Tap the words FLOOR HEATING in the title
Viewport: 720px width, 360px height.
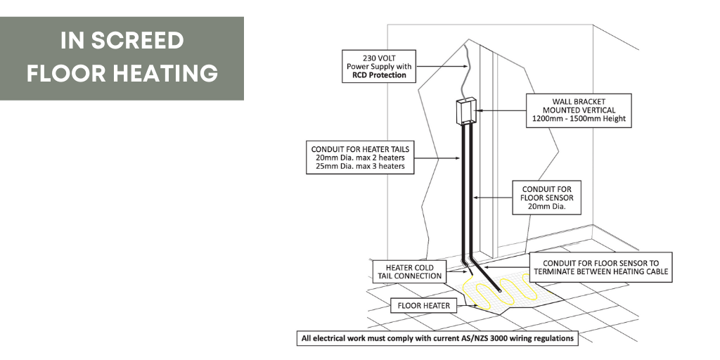pyautogui.click(x=122, y=72)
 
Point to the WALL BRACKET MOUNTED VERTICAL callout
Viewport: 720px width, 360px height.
pyautogui.click(x=579, y=110)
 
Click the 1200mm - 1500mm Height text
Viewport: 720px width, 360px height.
pyautogui.click(x=579, y=120)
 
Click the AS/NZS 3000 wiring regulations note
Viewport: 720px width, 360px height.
pyautogui.click(x=437, y=338)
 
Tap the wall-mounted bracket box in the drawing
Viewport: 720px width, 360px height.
pyautogui.click(x=466, y=112)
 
